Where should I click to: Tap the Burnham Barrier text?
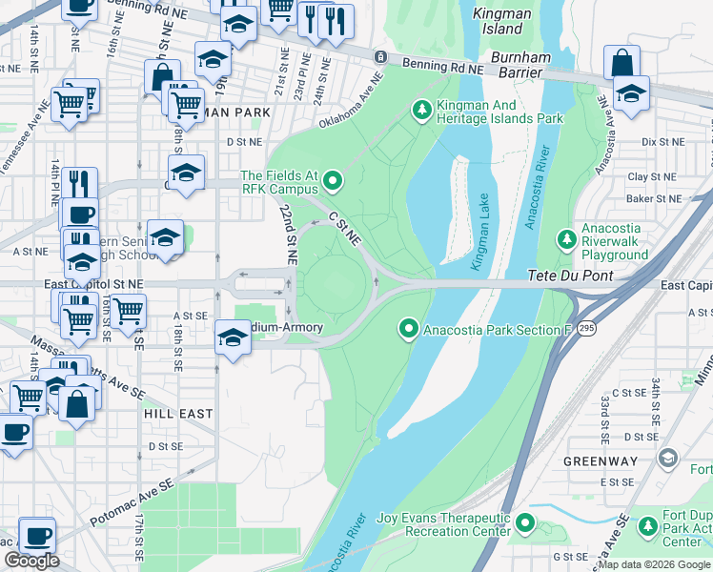pos(520,66)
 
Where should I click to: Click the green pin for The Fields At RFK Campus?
pos(332,178)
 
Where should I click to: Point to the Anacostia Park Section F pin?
pos(409,330)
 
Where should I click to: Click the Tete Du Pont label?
pos(567,276)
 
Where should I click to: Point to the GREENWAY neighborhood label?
pos(600,461)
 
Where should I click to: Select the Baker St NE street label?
pos(655,198)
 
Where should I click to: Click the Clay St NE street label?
pos(651,176)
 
